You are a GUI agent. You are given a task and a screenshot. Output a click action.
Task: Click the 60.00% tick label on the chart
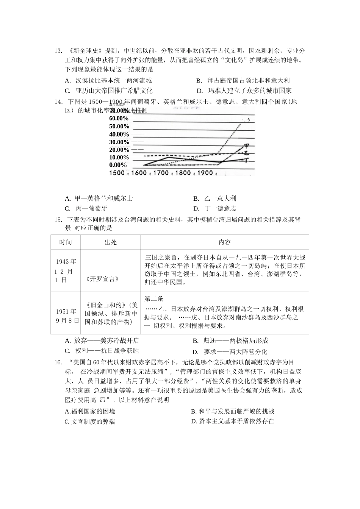tap(119, 118)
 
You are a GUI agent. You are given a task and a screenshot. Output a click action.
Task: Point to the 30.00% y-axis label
tap(119, 142)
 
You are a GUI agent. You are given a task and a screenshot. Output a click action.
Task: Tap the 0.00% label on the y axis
tap(118, 165)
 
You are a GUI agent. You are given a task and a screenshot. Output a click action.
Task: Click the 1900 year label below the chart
tap(205, 173)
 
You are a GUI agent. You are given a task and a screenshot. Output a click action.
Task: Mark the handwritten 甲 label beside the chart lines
tap(246, 146)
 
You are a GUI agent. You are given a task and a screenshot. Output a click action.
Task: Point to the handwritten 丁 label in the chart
tap(246, 160)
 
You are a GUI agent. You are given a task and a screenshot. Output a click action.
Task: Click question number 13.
tap(58, 51)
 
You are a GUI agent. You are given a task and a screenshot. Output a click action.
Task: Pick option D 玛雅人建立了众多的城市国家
tap(244, 91)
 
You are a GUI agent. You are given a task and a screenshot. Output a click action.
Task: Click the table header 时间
tap(65, 242)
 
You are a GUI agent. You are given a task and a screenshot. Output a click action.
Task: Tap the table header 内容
tap(224, 242)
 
